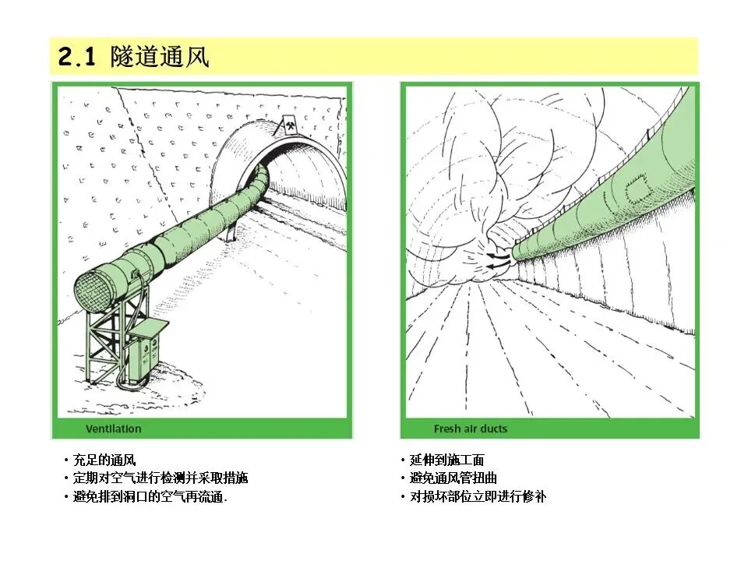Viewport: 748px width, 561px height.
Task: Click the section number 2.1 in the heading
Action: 76,57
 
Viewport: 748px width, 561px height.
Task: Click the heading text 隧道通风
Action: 160,57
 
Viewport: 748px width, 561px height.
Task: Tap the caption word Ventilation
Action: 114,429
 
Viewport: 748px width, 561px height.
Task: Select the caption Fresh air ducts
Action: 471,429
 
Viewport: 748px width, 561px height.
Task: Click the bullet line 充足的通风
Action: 104,460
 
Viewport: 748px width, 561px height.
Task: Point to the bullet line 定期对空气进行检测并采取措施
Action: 161,478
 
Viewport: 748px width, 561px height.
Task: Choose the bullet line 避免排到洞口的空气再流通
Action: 150,496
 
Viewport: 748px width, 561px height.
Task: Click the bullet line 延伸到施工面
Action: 447,460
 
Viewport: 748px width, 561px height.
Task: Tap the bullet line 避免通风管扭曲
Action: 453,478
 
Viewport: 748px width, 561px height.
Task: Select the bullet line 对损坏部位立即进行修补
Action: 478,496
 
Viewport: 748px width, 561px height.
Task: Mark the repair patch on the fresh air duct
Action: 639,189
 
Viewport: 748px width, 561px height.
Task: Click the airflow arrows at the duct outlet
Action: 497,262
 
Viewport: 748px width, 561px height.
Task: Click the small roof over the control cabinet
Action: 149,328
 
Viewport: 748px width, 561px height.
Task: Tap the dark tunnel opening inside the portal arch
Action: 305,177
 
